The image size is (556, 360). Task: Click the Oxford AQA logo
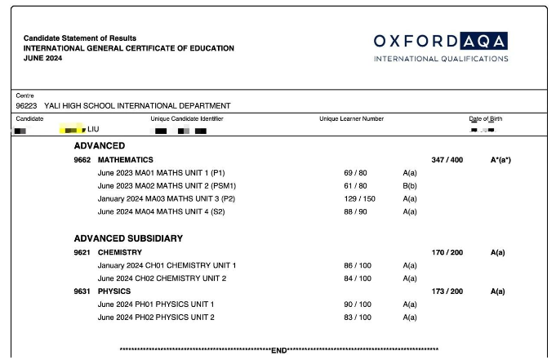click(441, 47)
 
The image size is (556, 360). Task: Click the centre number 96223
click(25, 105)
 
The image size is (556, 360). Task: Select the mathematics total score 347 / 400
click(447, 160)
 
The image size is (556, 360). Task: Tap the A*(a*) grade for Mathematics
click(500, 160)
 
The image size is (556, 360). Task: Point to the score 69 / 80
click(355, 173)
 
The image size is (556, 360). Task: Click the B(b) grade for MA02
click(410, 186)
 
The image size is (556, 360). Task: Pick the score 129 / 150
click(355, 199)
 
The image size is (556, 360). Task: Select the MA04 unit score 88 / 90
click(355, 212)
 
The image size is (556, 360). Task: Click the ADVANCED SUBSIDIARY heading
click(128, 238)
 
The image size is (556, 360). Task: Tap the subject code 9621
click(82, 252)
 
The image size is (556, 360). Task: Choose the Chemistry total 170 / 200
click(447, 252)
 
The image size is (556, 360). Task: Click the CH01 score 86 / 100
click(358, 265)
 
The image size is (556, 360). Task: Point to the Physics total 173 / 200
click(447, 291)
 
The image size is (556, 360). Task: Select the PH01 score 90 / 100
click(358, 304)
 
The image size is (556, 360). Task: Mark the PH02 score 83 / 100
click(358, 318)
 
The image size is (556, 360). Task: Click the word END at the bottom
click(279, 351)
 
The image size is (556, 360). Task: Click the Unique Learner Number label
click(351, 119)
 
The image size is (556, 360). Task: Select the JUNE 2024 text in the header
click(43, 58)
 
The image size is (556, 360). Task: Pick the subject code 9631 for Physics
click(82, 291)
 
